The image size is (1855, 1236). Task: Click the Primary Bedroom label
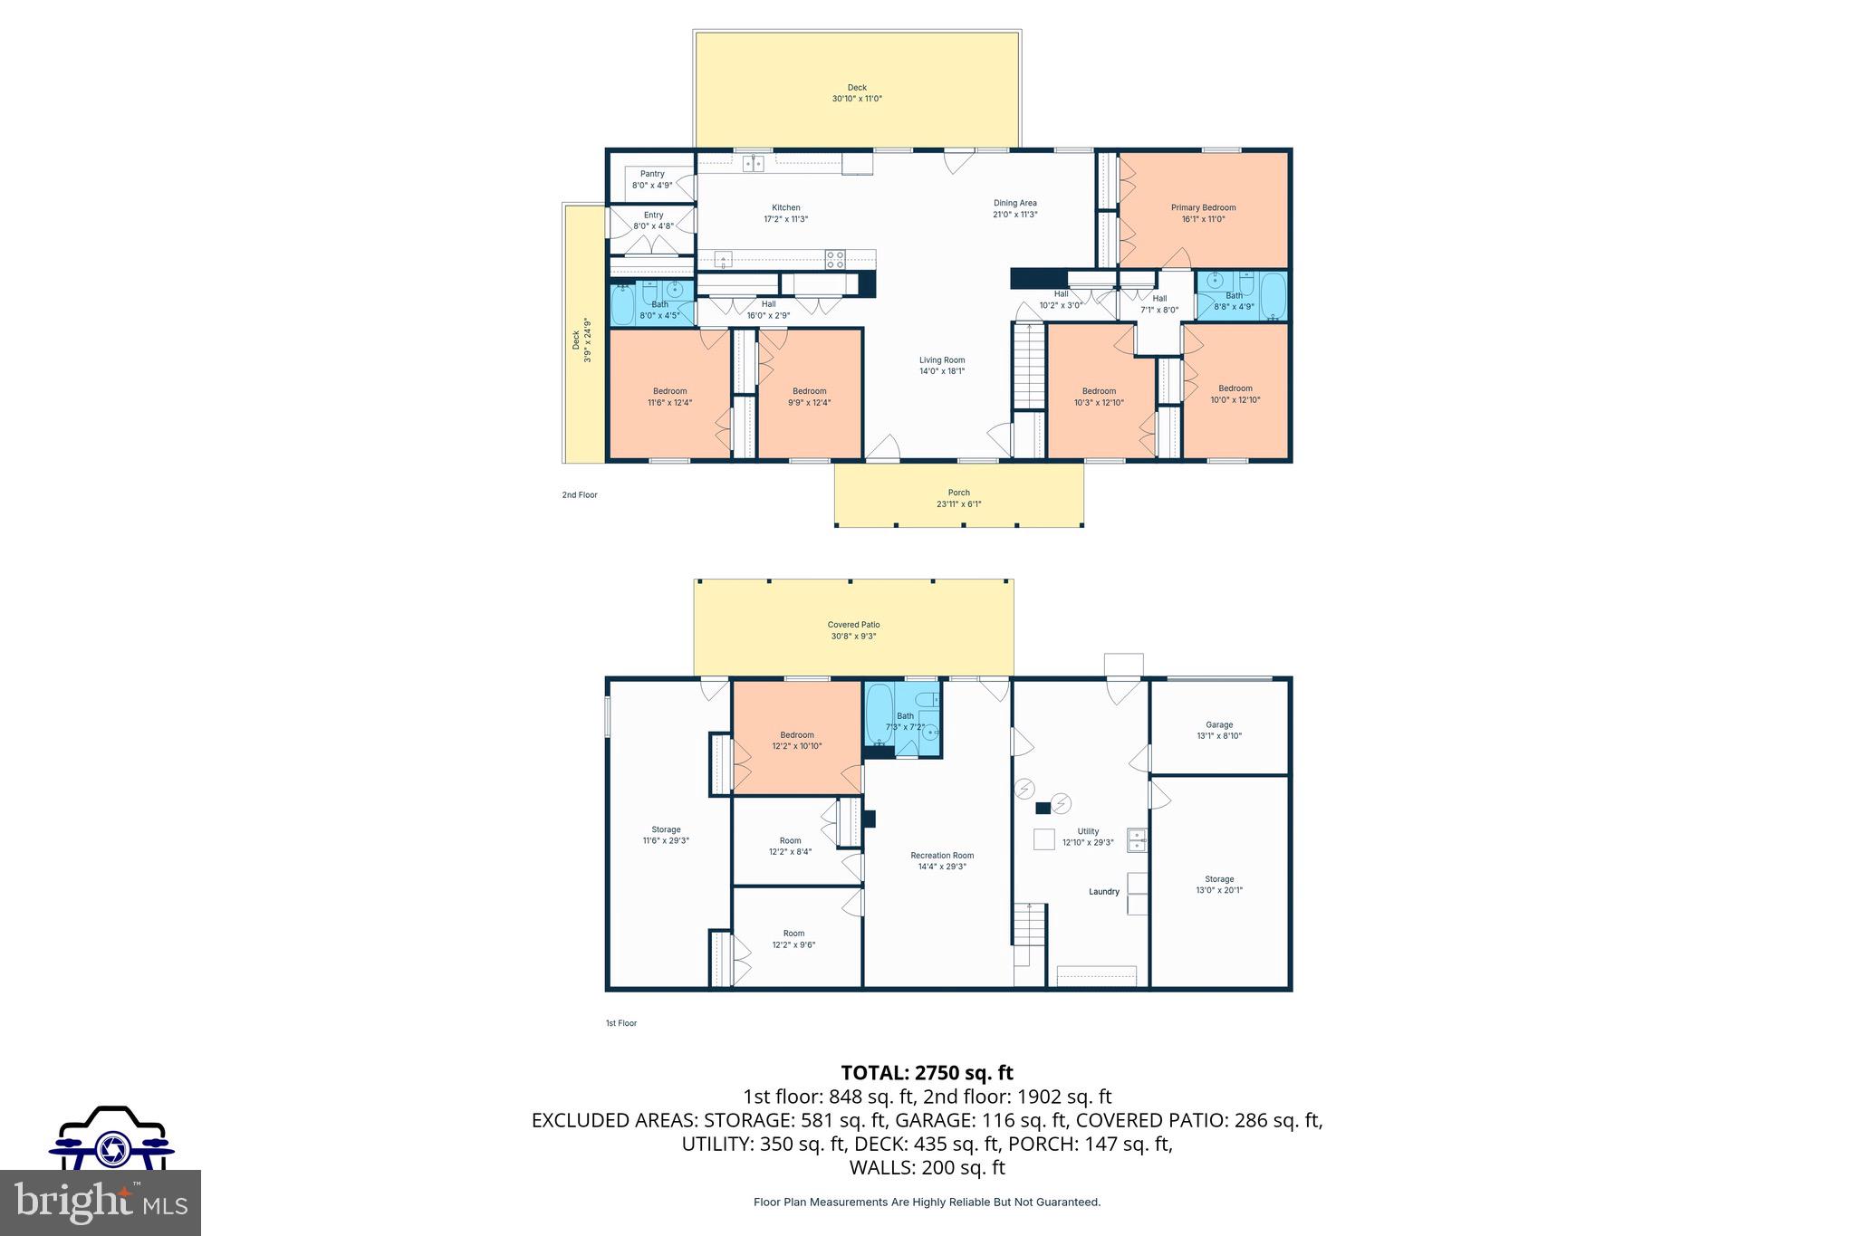coord(1203,207)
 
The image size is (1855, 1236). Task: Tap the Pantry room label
coord(652,174)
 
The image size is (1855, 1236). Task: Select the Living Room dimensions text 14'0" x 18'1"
coord(942,371)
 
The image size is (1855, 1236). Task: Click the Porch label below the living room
coord(958,493)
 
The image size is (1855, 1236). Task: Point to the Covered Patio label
coord(853,625)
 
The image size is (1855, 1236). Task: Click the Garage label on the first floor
coord(1219,724)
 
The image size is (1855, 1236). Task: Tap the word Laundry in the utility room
coord(1104,892)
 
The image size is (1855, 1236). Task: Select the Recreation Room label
coord(942,855)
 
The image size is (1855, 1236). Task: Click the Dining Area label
coord(1014,203)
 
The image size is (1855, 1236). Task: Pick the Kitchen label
coord(785,207)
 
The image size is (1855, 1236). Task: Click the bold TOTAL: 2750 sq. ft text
coord(927,1073)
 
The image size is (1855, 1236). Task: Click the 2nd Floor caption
coord(580,495)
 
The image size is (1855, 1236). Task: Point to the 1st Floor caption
coord(621,1023)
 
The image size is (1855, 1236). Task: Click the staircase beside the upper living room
coord(1029,367)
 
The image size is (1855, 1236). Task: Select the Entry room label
coord(653,216)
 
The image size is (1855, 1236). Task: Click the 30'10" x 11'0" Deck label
coord(857,93)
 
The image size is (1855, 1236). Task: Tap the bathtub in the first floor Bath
coord(879,715)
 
